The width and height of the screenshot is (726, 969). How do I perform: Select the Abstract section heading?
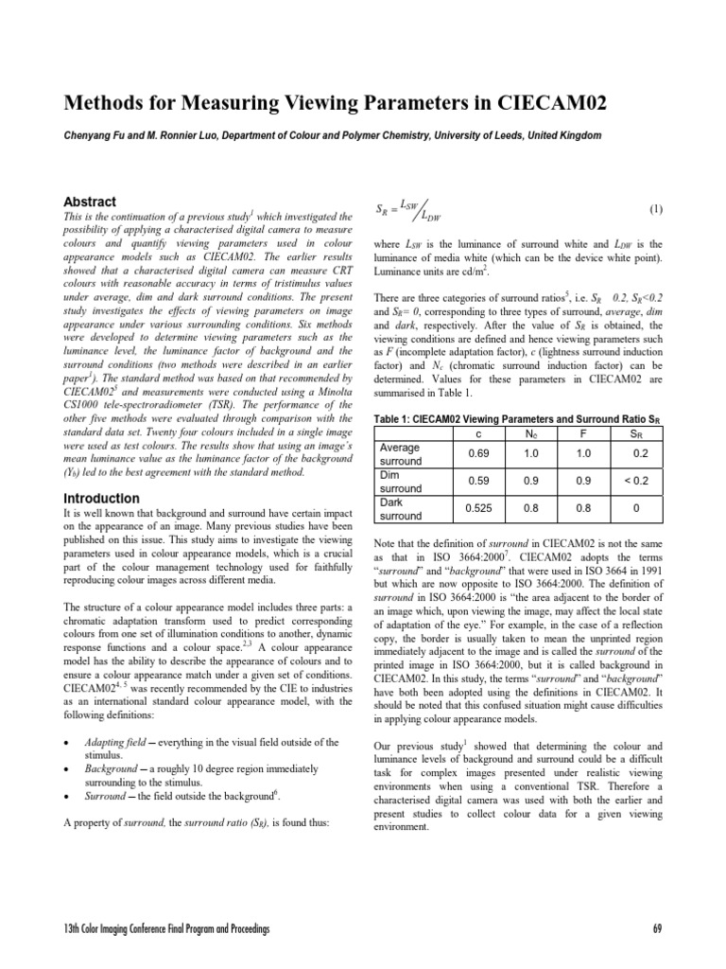click(89, 202)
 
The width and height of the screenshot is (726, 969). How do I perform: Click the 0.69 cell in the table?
click(478, 452)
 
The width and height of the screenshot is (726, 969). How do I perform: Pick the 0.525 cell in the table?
click(478, 509)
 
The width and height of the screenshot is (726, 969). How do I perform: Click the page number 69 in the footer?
click(657, 930)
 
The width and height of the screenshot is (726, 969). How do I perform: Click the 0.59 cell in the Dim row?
click(478, 481)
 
